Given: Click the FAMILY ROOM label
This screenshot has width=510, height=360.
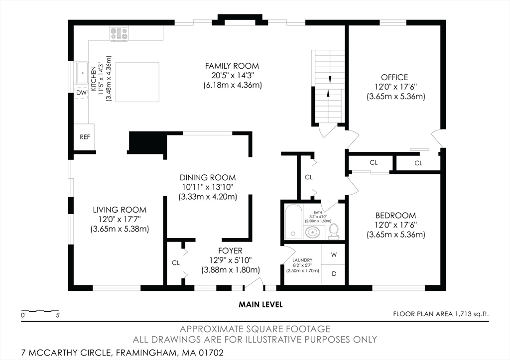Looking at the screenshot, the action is pyautogui.click(x=232, y=66).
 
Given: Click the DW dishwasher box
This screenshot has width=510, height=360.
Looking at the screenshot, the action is pyautogui.click(x=81, y=93).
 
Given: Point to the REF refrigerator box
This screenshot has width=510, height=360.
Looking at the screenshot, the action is pyautogui.click(x=84, y=137).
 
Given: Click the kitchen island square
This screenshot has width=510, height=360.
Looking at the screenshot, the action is pyautogui.click(x=137, y=82).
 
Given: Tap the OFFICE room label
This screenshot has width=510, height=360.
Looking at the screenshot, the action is pyautogui.click(x=394, y=77).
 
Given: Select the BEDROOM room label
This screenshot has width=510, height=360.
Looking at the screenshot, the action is pyautogui.click(x=395, y=215).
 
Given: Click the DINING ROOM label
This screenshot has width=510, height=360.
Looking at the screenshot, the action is pyautogui.click(x=208, y=178).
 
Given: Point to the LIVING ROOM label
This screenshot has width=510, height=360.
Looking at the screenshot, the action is pyautogui.click(x=120, y=210).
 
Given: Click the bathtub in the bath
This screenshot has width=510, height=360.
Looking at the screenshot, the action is pyautogui.click(x=294, y=222).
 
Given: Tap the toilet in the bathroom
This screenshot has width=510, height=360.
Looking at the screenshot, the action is pyautogui.click(x=334, y=232).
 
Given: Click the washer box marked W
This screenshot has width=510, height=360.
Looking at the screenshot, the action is pyautogui.click(x=333, y=254).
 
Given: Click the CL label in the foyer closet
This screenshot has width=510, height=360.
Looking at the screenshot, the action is pyautogui.click(x=176, y=263).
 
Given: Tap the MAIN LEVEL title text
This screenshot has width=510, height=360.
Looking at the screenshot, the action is pyautogui.click(x=260, y=305).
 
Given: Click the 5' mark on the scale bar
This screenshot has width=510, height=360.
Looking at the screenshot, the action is pyautogui.click(x=58, y=315).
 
